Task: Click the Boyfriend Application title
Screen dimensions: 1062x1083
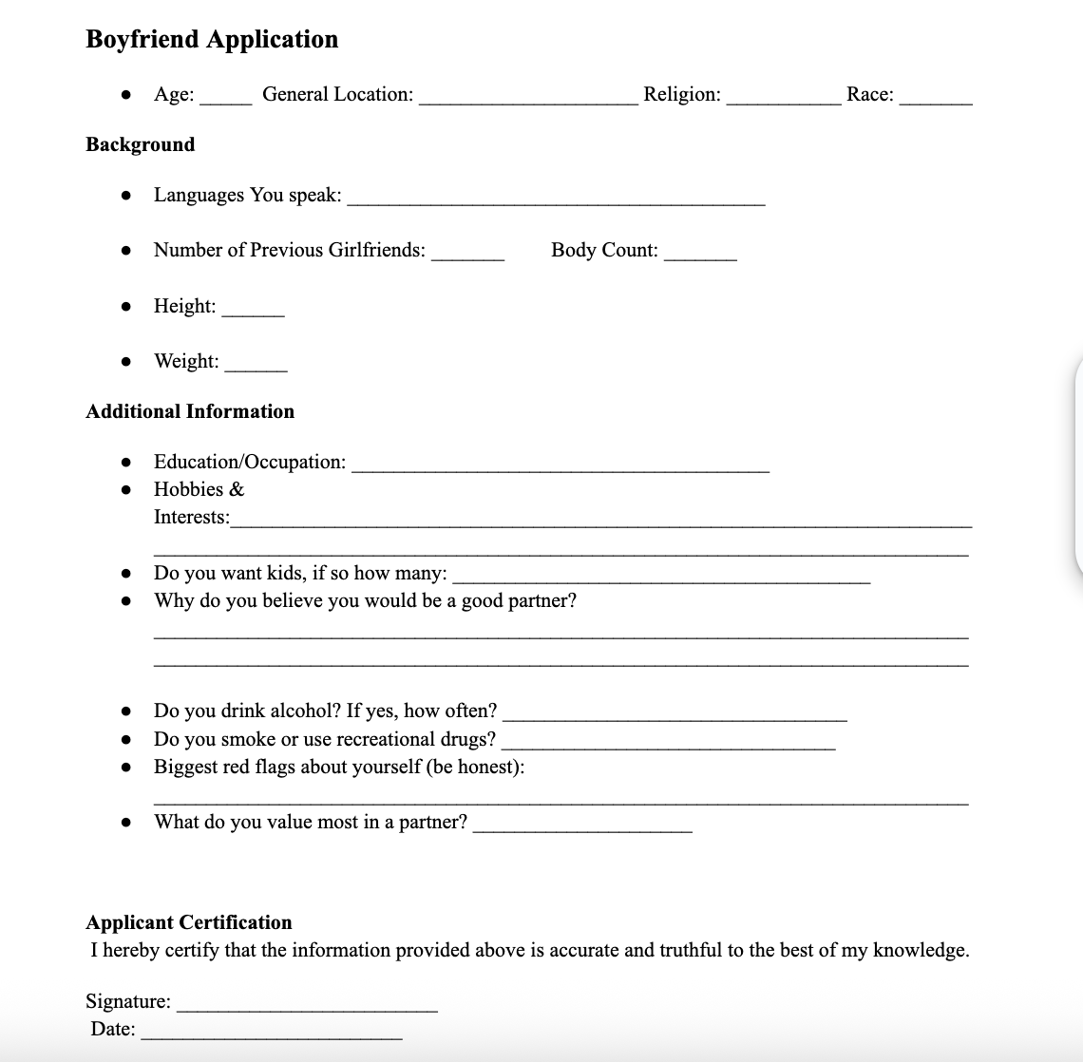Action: tap(212, 39)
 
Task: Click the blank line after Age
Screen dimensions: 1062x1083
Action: tap(226, 100)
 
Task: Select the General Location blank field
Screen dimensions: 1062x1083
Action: tap(528, 100)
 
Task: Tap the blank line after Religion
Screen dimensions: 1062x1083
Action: tap(783, 100)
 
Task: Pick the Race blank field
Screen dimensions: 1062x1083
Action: tap(936, 100)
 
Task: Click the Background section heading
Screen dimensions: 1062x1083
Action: tap(141, 144)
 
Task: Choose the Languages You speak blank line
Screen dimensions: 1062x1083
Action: tap(556, 201)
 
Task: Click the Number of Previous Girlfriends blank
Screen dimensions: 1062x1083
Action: tap(467, 256)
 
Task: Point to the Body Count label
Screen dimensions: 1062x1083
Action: tap(604, 251)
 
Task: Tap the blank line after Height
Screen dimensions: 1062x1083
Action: tap(253, 313)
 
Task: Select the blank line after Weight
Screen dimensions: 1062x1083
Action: tap(256, 368)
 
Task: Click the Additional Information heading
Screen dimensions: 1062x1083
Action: tap(190, 411)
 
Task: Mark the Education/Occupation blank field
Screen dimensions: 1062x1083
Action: tap(560, 468)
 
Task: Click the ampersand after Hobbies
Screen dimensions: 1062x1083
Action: tap(237, 490)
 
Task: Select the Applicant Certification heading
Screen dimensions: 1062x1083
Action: tap(189, 922)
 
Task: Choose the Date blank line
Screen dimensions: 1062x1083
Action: tap(271, 1035)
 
